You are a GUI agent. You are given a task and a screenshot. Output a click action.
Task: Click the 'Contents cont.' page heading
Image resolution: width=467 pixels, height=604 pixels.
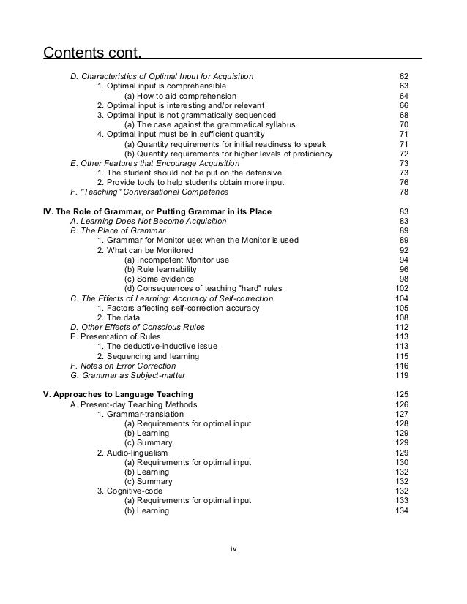click(91, 53)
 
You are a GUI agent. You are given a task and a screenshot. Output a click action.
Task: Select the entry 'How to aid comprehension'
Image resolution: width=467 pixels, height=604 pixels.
click(180, 96)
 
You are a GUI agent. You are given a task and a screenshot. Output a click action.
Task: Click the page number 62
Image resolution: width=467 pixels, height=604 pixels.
click(403, 76)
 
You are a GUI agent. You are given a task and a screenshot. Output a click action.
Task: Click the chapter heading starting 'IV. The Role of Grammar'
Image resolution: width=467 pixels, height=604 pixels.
click(157, 211)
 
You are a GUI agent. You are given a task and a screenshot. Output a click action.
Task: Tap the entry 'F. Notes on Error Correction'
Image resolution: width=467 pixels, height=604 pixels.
click(122, 366)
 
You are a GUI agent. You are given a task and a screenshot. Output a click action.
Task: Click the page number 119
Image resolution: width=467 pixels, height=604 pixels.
click(401, 376)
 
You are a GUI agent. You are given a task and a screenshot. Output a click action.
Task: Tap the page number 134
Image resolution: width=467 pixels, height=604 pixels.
click(401, 510)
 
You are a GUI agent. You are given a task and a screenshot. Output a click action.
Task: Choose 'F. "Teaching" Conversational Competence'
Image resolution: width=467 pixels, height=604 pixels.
click(149, 192)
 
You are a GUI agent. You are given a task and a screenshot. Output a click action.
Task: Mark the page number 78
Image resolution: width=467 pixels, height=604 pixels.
click(403, 192)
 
